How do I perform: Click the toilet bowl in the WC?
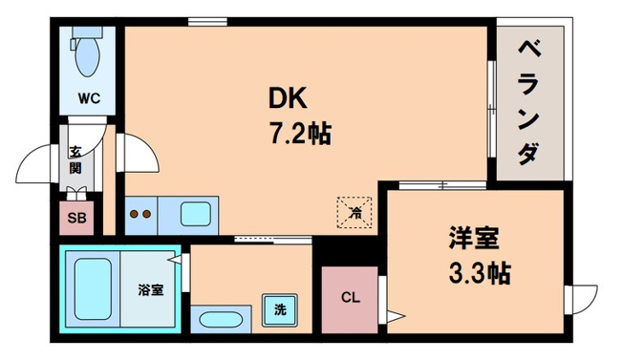[87, 56]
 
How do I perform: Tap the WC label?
[90, 98]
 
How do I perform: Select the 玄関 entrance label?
[75, 160]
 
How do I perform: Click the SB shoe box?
[76, 218]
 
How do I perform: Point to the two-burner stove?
[141, 215]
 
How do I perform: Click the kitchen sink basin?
[196, 214]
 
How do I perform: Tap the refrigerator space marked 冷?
[354, 212]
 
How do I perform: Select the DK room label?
[288, 98]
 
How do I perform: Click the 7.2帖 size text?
[300, 134]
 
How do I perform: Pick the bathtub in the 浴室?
[93, 288]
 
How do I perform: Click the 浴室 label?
[151, 290]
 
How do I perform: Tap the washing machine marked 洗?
[280, 310]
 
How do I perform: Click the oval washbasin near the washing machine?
[221, 320]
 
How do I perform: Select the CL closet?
[350, 300]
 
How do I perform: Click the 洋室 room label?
[474, 238]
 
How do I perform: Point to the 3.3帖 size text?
[480, 273]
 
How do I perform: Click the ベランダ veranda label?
[529, 102]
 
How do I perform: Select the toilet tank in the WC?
[87, 32]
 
